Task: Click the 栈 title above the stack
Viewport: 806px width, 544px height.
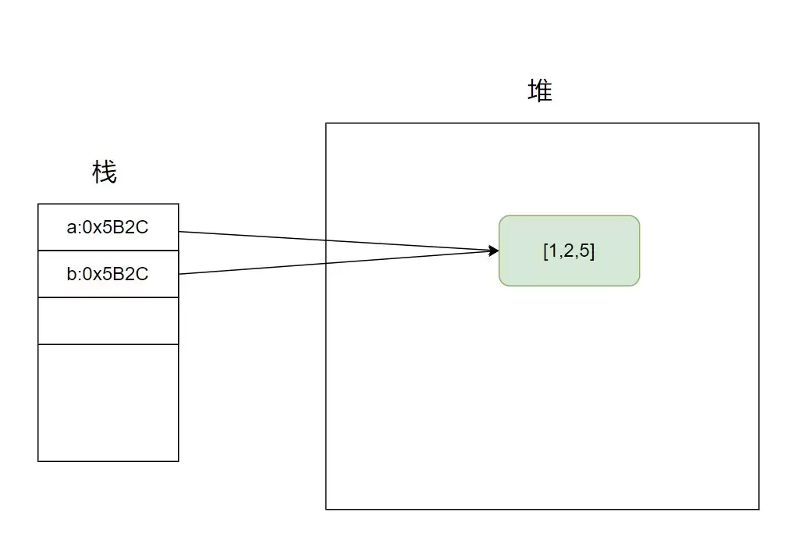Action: coord(105,172)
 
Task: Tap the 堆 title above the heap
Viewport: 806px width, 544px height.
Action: coord(540,91)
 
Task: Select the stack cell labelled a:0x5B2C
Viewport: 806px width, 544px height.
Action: coord(108,227)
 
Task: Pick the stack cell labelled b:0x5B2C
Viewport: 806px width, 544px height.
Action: coord(108,274)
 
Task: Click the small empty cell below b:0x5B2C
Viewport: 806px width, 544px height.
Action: coord(108,321)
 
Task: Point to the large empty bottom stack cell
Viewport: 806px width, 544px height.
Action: coord(108,403)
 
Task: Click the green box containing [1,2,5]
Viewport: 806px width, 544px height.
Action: coord(569,251)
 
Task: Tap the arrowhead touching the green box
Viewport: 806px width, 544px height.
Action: coord(493,251)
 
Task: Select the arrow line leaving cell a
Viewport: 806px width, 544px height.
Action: coord(339,241)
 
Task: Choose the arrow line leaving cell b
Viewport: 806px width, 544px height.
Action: coord(339,262)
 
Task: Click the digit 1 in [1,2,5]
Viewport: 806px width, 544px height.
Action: coord(552,251)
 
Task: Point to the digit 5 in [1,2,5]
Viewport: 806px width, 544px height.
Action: coord(584,251)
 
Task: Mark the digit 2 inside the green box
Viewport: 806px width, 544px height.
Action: coord(569,251)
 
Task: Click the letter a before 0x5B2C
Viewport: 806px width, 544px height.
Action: coord(71,227)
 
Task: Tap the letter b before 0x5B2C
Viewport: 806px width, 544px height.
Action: coord(71,273)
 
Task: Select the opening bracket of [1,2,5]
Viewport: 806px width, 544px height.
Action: coord(545,251)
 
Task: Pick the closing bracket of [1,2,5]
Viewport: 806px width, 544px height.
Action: coord(592,251)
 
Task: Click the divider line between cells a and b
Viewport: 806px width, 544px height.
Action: coord(108,251)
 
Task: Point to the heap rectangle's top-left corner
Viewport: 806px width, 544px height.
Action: coord(326,123)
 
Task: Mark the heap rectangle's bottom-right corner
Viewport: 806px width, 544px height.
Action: coord(758,510)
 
